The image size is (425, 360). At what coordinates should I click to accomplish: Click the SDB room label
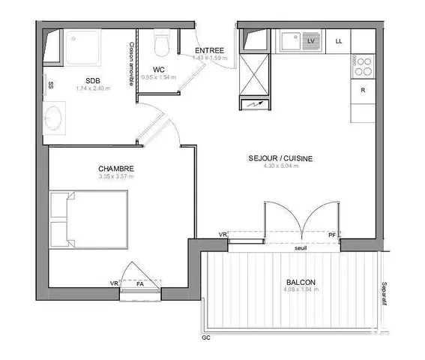(x=92, y=80)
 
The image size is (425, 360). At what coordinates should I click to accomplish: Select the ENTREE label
(x=210, y=49)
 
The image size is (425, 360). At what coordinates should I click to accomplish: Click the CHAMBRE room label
(x=116, y=169)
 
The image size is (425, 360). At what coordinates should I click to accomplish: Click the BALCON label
(x=301, y=283)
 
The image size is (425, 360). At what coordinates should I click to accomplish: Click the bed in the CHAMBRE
(x=88, y=219)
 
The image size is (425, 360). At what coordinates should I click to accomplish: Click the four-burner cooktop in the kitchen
(x=363, y=67)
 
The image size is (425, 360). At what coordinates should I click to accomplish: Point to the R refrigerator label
(x=363, y=90)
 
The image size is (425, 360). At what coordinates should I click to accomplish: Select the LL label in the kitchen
(x=339, y=41)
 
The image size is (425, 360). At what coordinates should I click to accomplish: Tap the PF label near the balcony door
(x=332, y=235)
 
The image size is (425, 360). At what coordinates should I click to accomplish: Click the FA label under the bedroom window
(x=139, y=283)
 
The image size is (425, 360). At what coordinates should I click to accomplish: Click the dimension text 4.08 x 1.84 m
(x=301, y=292)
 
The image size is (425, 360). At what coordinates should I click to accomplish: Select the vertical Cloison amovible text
(x=132, y=63)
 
